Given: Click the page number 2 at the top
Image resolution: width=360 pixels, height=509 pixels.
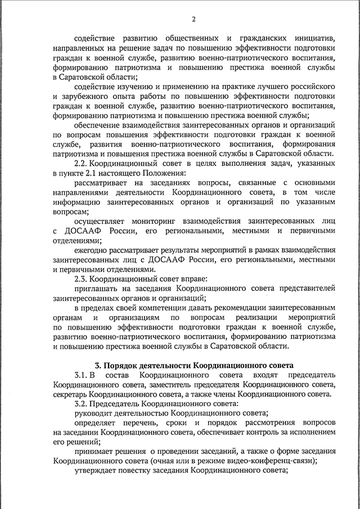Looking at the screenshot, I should tap(193, 20).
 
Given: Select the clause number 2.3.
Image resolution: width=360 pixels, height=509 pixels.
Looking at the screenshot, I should tap(82, 278).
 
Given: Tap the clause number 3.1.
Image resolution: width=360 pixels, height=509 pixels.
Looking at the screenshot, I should tap(82, 375).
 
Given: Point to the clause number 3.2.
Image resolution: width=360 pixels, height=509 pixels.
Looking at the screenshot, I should tap(82, 404).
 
